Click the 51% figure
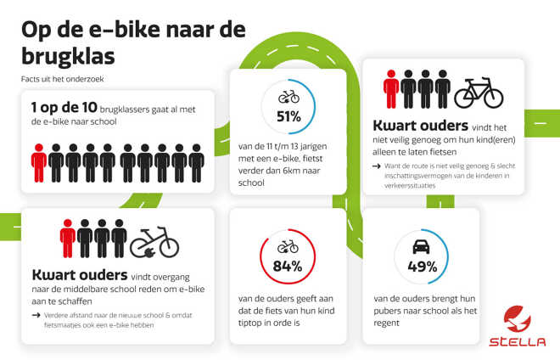[x=289, y=117]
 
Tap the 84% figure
[x=288, y=267]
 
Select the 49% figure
[x=423, y=267]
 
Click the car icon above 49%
[x=421, y=247]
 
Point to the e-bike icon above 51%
[x=289, y=97]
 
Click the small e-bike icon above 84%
[x=288, y=246]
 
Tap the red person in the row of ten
[x=39, y=163]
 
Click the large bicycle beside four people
[x=479, y=93]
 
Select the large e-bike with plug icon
[x=154, y=242]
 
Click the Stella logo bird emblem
[x=517, y=318]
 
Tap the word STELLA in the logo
[x=517, y=342]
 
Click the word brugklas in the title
[x=68, y=57]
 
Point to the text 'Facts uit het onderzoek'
[x=63, y=79]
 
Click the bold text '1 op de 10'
[x=64, y=107]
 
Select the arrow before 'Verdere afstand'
[x=36, y=315]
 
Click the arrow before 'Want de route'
[x=377, y=166]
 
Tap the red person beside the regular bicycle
[x=391, y=89]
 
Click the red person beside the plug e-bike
[x=68, y=239]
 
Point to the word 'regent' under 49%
[x=386, y=323]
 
